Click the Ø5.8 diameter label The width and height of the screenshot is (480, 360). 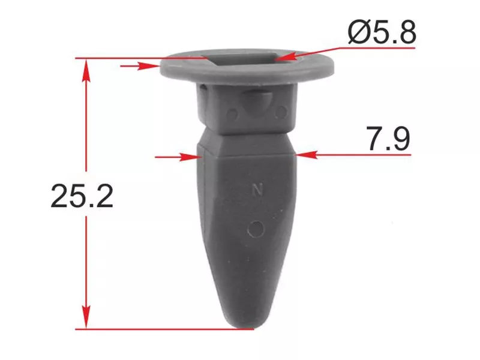tap(382, 32)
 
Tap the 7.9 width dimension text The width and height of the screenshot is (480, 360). tap(388, 139)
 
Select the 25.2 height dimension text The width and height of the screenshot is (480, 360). tap(82, 196)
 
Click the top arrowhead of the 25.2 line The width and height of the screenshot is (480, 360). tap(87, 67)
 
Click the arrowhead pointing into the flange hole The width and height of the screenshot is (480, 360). tap(284, 58)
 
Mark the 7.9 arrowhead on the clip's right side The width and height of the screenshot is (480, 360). tap(307, 155)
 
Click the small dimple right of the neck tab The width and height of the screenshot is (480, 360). tap(280, 112)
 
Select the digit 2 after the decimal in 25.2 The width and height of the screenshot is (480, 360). tap(104, 196)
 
